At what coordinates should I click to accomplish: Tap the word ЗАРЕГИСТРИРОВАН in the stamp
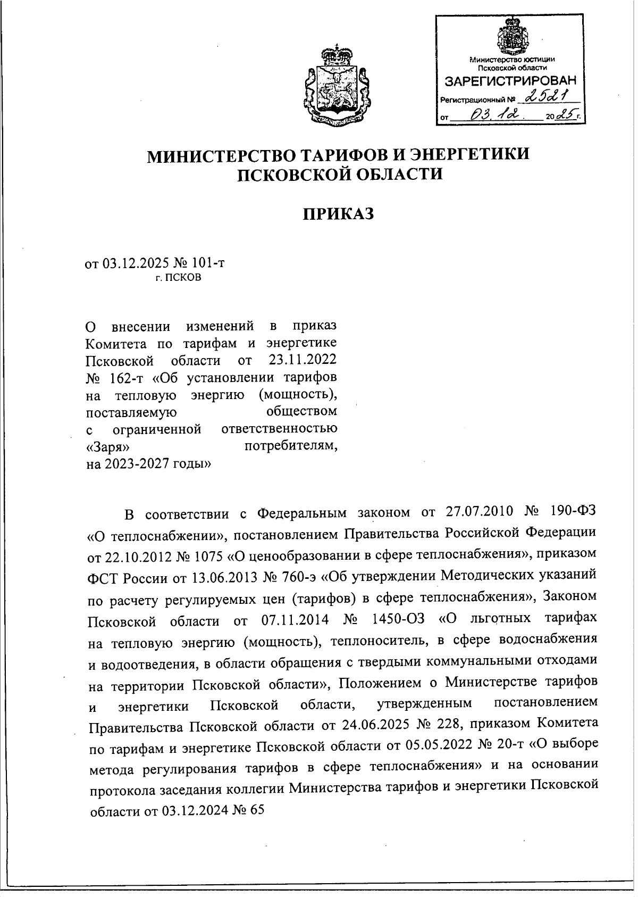pyautogui.click(x=510, y=81)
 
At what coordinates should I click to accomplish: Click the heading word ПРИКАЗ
pyautogui.click(x=339, y=214)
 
